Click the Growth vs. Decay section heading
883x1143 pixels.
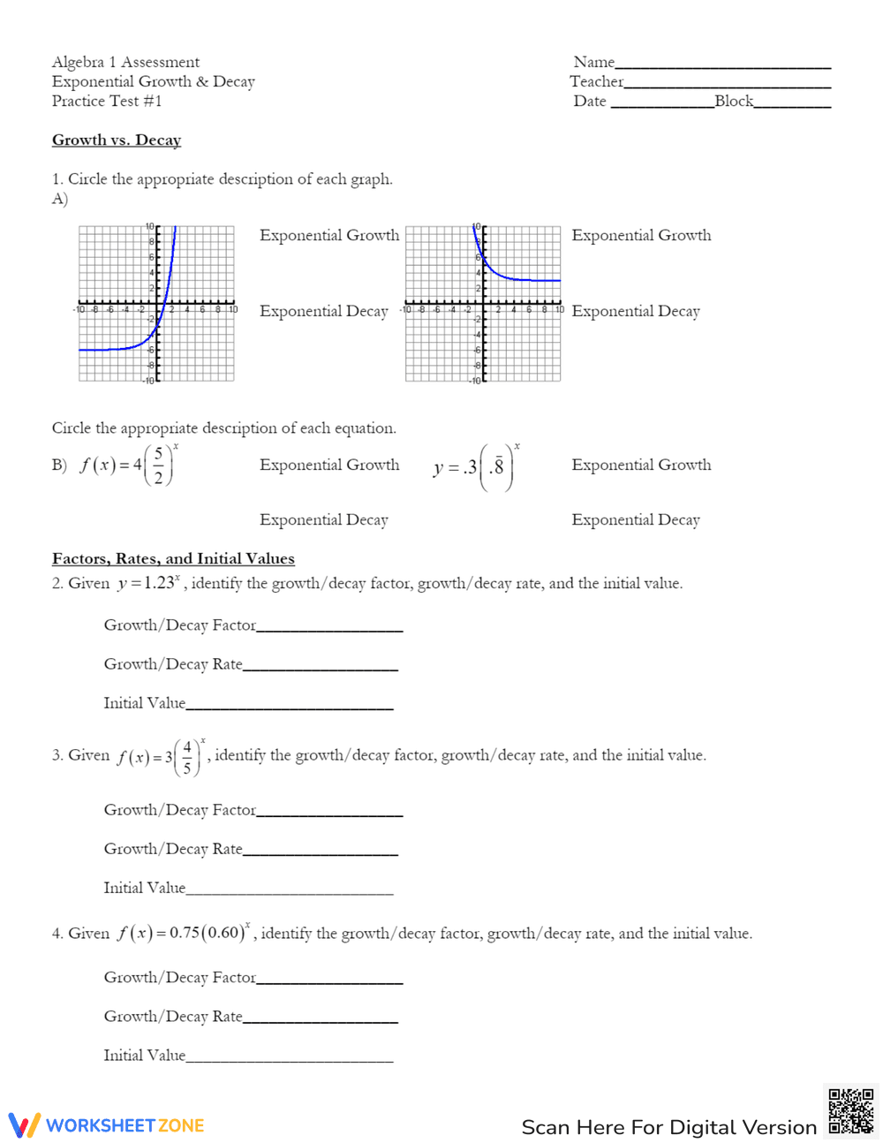tap(117, 140)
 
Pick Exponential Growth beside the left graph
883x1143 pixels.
tap(329, 235)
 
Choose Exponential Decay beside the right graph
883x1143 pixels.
tap(636, 311)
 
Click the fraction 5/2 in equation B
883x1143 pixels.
tap(158, 466)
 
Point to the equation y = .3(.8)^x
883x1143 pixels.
tap(475, 466)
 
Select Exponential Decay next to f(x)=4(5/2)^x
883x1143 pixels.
tap(324, 519)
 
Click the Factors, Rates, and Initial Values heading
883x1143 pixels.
tap(173, 558)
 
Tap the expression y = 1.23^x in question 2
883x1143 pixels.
tap(148, 583)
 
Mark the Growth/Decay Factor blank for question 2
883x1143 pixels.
tap(329, 627)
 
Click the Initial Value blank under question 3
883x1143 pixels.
tap(290, 890)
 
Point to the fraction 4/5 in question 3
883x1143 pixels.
tap(186, 757)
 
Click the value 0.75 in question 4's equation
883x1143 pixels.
tap(185, 934)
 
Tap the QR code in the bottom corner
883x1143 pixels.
tap(850, 1111)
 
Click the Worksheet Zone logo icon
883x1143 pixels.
tap(25, 1125)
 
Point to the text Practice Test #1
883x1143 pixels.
tap(107, 101)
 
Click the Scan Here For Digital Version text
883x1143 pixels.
tap(668, 1127)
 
